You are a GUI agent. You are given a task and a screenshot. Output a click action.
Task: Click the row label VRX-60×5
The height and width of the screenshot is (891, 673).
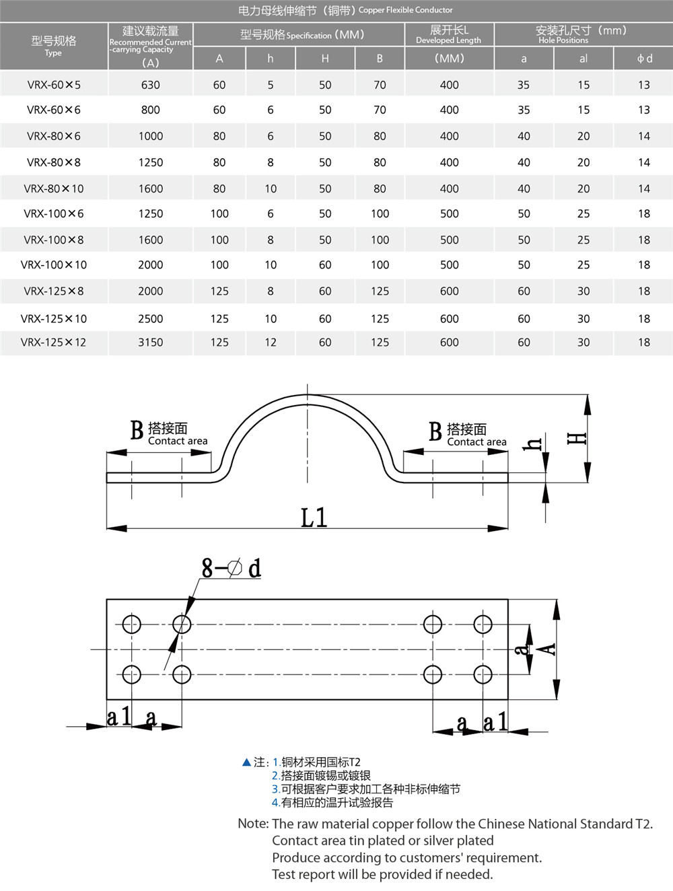click(x=54, y=85)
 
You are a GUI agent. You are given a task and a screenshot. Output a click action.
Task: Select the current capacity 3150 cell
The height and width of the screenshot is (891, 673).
click(x=151, y=343)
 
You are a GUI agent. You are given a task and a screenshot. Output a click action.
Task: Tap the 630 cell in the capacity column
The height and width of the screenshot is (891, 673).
click(x=151, y=85)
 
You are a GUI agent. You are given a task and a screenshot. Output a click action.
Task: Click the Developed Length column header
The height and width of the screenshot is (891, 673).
click(x=449, y=35)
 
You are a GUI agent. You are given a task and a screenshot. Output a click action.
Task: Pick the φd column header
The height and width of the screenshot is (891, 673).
click(x=644, y=59)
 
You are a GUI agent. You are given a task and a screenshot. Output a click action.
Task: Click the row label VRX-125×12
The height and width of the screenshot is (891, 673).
click(x=54, y=343)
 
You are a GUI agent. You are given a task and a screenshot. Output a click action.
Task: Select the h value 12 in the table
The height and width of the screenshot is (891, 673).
click(x=271, y=343)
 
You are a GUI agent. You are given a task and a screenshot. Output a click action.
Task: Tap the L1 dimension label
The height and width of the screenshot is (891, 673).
click(x=314, y=518)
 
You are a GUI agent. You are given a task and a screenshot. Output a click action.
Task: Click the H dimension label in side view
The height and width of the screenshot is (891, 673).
click(x=577, y=438)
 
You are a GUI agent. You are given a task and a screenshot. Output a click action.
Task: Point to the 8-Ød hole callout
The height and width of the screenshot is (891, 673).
click(x=231, y=569)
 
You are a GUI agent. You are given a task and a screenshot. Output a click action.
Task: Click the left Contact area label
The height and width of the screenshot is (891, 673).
click(x=178, y=441)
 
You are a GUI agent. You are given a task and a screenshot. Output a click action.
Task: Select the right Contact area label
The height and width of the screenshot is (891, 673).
click(x=476, y=441)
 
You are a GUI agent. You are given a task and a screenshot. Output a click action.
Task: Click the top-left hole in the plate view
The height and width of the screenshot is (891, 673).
click(x=132, y=625)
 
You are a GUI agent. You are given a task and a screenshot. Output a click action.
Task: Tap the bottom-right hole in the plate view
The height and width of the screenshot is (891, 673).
click(x=483, y=674)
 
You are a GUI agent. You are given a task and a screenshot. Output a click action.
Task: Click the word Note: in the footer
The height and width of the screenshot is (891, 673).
click(x=253, y=824)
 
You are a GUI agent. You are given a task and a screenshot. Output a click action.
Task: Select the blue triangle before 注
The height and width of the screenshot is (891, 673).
click(x=246, y=762)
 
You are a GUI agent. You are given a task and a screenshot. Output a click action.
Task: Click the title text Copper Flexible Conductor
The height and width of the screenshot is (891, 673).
click(x=406, y=10)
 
